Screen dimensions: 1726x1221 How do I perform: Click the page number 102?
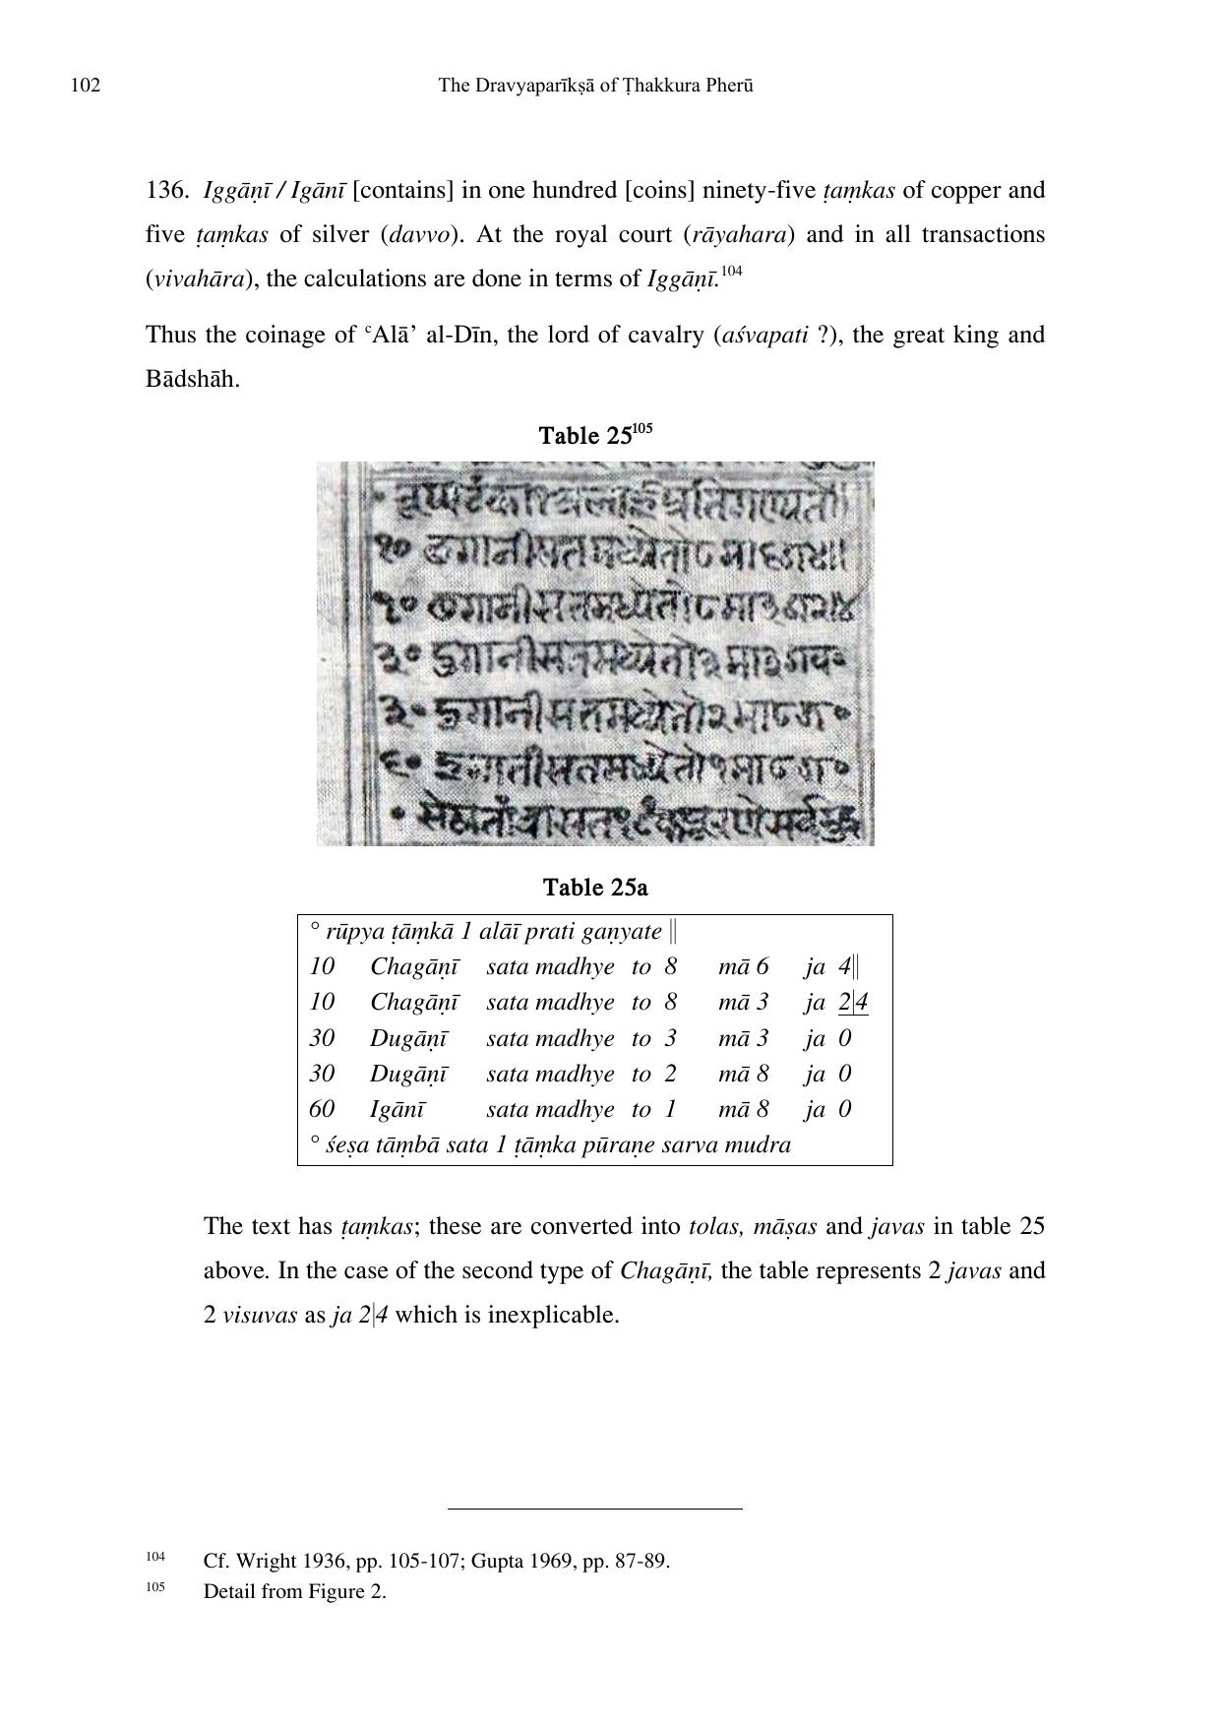86,86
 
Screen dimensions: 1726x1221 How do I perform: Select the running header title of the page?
595,86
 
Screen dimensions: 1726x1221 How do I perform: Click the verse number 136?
166,190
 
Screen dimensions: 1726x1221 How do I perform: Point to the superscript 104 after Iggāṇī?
731,271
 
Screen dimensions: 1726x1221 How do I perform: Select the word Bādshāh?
192,379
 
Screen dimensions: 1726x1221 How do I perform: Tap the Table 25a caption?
595,888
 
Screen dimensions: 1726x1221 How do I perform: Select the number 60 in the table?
321,1110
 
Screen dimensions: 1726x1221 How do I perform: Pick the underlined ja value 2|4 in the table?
853,1003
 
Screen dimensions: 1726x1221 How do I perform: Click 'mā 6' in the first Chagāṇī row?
743,966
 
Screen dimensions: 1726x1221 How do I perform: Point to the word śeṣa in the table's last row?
346,1145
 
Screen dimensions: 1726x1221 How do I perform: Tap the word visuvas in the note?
260,1315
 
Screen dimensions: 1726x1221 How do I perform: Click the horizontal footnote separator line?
594,1508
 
